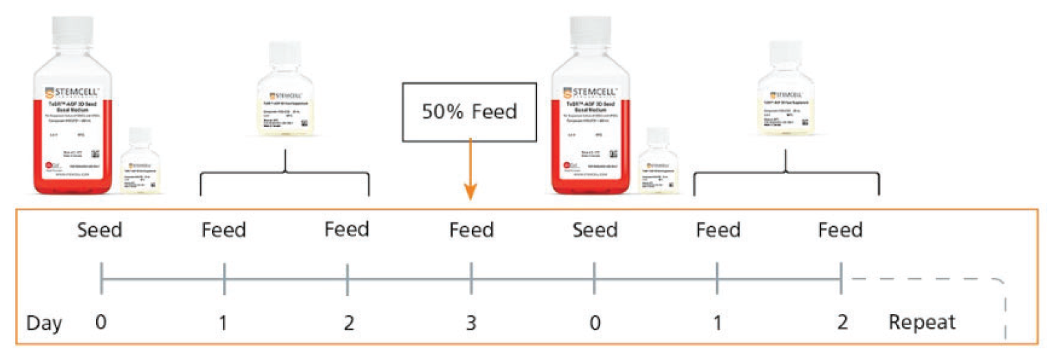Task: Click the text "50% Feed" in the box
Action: tap(470, 112)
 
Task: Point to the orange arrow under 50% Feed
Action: tap(470, 171)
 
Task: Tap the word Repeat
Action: tap(922, 322)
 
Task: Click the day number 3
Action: tap(471, 322)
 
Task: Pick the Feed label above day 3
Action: tap(471, 230)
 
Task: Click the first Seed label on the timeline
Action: tap(100, 230)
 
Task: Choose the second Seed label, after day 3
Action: tap(595, 230)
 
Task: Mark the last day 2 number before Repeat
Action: tap(841, 322)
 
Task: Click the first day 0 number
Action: tap(101, 322)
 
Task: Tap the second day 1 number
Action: tap(718, 322)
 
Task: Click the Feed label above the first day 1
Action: tap(224, 230)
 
